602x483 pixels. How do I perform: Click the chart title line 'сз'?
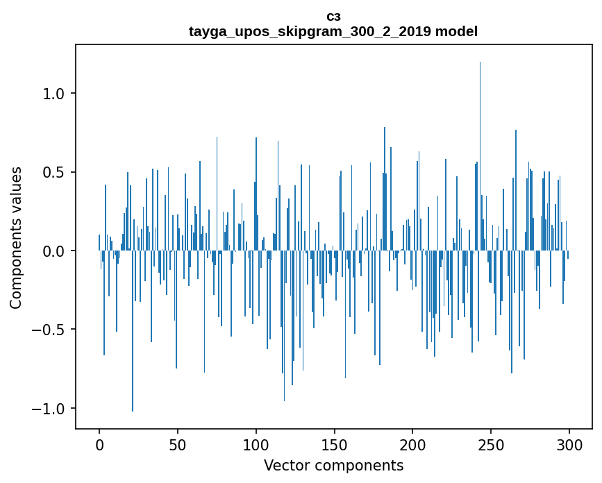point(333,16)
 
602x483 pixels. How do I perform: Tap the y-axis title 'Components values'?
point(16,237)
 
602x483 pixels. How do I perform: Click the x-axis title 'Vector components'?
point(333,466)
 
